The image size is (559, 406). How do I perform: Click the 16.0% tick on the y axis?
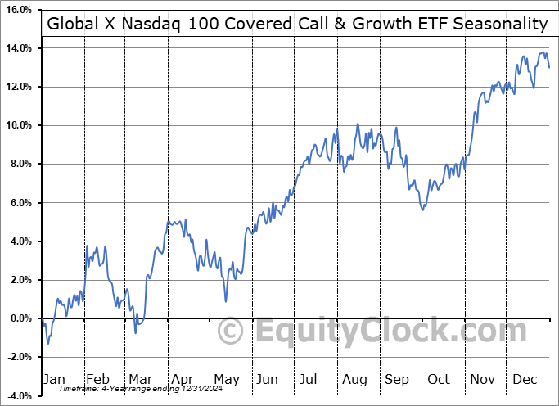tap(16, 10)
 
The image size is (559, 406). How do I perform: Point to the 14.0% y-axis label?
tap(16, 48)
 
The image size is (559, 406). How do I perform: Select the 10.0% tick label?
tap(16, 125)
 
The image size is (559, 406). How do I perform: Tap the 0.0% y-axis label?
tap(18, 318)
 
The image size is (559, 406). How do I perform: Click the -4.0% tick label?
tap(16, 395)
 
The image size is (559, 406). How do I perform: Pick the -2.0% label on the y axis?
tap(16, 357)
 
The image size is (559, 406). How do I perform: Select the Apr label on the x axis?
tap(183, 379)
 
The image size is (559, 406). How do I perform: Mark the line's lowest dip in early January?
tap(47, 342)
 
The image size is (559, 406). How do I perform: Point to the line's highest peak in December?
tap(543, 52)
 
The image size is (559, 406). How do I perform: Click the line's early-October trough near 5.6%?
tap(422, 210)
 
